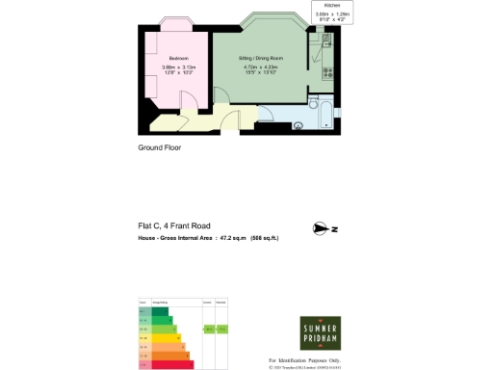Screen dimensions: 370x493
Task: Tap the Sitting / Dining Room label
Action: (x=260, y=57)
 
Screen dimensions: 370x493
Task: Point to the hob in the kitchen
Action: (x=327, y=71)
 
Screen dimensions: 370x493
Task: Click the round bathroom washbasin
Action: (x=299, y=123)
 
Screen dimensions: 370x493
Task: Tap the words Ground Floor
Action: (x=160, y=148)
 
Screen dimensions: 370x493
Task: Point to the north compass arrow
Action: (x=323, y=228)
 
